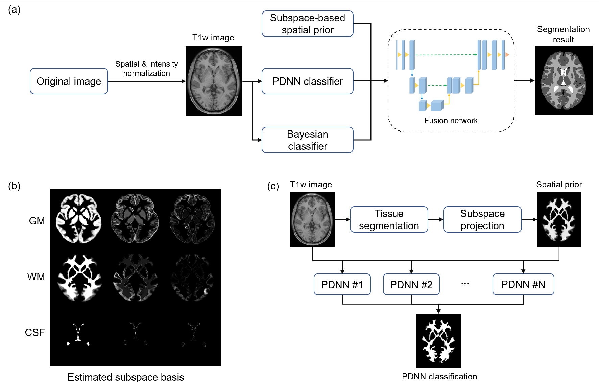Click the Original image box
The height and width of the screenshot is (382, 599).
click(x=69, y=81)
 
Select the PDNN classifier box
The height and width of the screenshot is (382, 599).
click(x=307, y=81)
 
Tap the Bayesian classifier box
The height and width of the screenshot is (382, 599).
click(x=307, y=140)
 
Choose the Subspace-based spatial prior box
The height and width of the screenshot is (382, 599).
click(x=307, y=24)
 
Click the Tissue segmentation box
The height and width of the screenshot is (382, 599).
click(x=389, y=219)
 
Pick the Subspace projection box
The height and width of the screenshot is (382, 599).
click(x=482, y=219)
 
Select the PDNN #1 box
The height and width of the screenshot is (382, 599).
click(x=342, y=284)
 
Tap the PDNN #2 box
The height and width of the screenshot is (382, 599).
click(x=411, y=284)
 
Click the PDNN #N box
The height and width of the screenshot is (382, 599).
click(x=523, y=284)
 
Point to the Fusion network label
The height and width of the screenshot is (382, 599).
click(x=451, y=121)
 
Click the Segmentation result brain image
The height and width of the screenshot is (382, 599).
click(x=564, y=80)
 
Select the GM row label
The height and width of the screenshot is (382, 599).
click(x=37, y=221)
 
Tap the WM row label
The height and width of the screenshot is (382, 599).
click(x=36, y=277)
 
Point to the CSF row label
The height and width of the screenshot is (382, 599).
click(x=35, y=332)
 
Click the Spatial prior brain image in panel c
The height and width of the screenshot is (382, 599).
click(x=559, y=219)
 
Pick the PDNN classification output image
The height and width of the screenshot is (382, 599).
click(x=438, y=341)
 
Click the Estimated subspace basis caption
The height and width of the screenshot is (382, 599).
click(x=126, y=377)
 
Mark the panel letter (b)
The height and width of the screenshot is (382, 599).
click(x=14, y=186)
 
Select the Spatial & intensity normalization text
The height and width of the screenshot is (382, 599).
click(x=146, y=69)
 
